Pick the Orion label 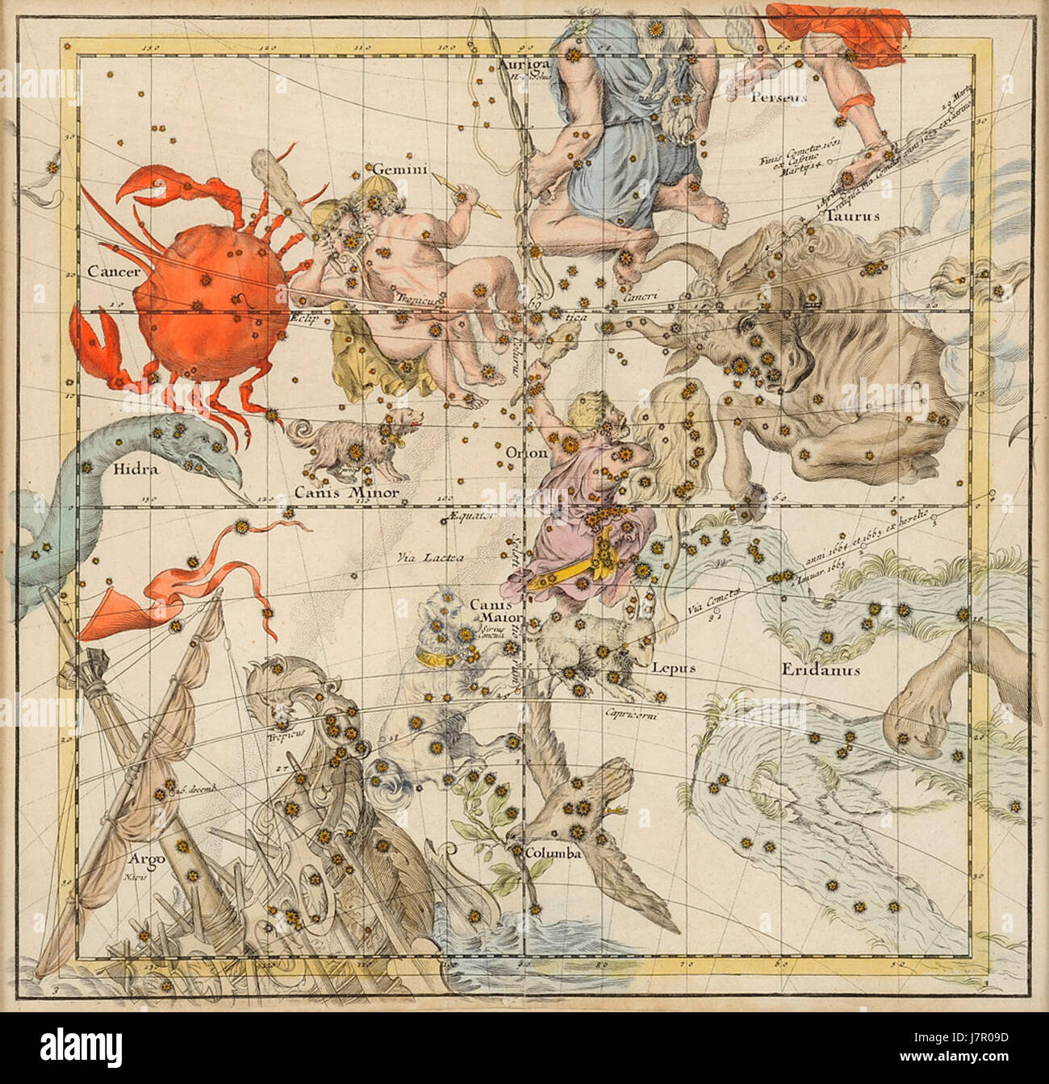tap(526, 453)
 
